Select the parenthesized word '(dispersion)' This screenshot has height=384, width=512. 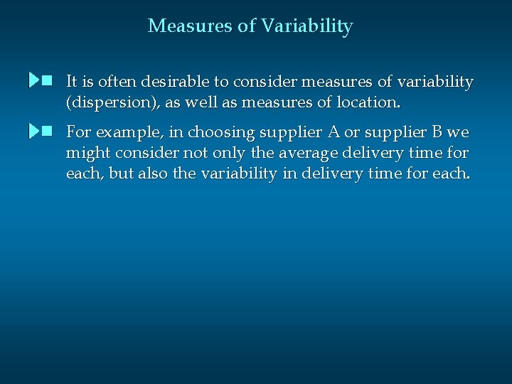tap(113, 102)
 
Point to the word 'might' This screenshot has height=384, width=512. tap(87, 153)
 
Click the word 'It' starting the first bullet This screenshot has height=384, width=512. tap(71, 82)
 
